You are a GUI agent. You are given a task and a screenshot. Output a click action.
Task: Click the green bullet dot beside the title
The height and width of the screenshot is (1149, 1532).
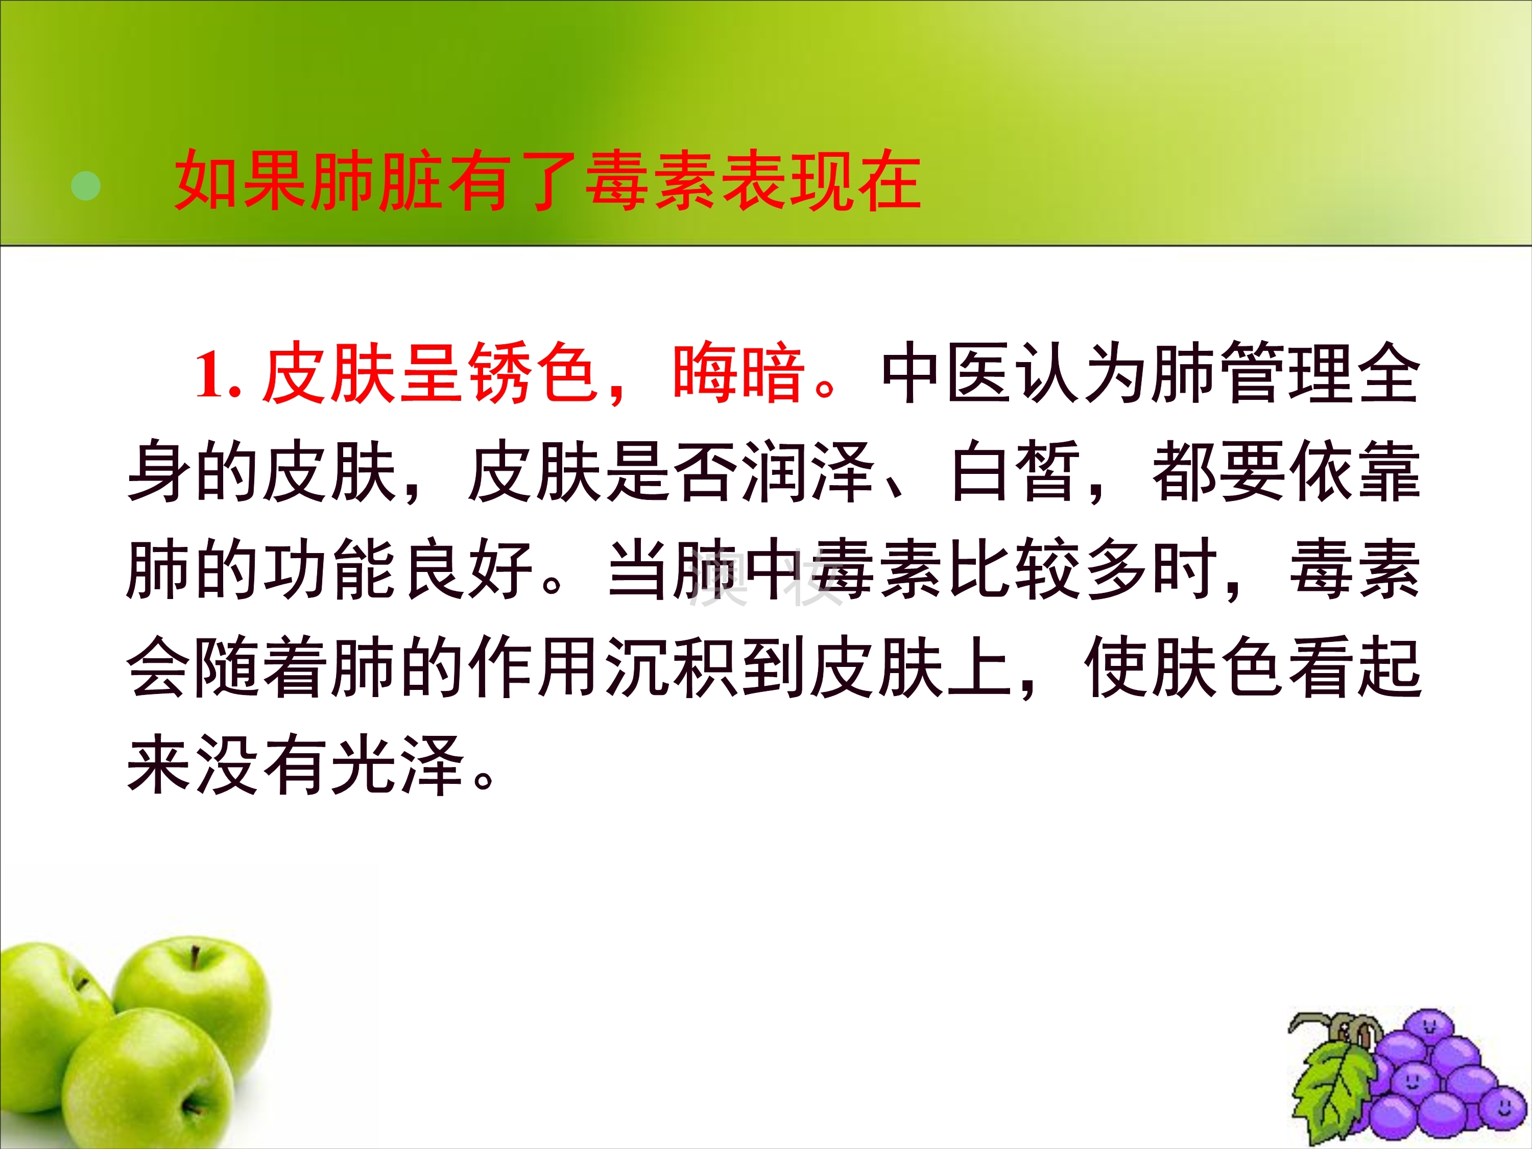point(86,185)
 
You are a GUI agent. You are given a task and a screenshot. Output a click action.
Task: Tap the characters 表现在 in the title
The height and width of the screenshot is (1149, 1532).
point(821,181)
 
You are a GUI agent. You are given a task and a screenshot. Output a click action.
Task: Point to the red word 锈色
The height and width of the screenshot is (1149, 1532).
point(533,373)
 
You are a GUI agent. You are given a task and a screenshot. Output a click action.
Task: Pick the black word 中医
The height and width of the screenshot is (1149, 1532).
point(946,373)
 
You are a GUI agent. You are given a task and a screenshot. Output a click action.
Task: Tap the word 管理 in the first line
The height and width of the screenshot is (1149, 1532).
point(1287,373)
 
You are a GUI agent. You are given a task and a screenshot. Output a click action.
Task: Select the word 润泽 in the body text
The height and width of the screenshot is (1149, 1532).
point(807,472)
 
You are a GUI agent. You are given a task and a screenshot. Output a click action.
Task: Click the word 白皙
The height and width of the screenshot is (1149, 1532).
point(1015,472)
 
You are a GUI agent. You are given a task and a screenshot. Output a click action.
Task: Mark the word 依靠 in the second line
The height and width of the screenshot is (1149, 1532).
point(1355,472)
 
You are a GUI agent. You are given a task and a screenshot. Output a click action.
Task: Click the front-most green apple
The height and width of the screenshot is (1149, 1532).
point(138,1081)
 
